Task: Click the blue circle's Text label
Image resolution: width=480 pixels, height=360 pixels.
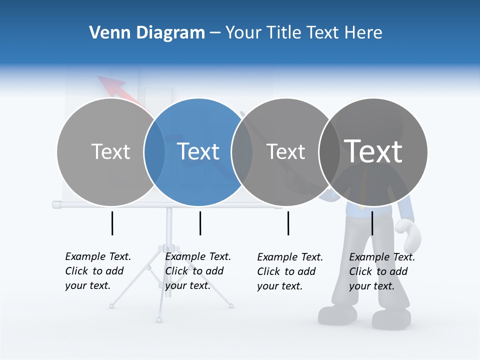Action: pos(198,151)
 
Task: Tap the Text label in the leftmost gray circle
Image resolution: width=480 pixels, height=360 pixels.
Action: pos(110,151)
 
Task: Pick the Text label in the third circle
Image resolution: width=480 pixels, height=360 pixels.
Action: pos(285,151)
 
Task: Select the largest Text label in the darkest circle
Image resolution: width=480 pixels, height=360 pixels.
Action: pos(373,151)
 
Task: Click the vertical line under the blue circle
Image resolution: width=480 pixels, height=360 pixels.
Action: pos(200,223)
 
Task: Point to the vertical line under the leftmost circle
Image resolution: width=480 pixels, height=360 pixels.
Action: pos(112,223)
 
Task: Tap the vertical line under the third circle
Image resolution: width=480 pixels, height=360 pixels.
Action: pos(288,223)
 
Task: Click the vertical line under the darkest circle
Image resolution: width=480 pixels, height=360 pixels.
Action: pos(372,223)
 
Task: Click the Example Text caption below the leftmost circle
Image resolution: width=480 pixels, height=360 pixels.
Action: pos(97,271)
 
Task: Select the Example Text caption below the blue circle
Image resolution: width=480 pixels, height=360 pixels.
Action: pos(197,271)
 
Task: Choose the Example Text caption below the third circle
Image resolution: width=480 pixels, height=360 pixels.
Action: pos(289,271)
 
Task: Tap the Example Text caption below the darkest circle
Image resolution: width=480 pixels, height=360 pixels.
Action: pos(381,271)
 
